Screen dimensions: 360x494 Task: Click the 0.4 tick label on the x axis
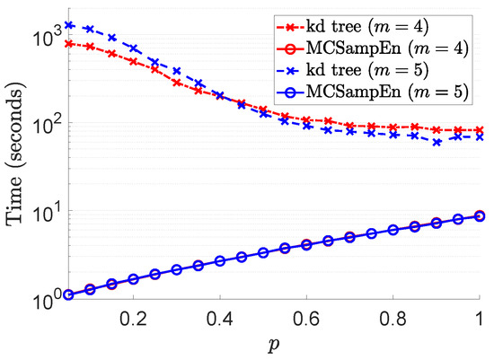[x=220, y=318]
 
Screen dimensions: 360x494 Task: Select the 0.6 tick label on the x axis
[x=307, y=318]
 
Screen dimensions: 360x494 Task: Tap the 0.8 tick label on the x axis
[x=394, y=318]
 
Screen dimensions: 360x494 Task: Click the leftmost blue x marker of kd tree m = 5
[x=68, y=25]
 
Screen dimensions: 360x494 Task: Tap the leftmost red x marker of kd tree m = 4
[x=68, y=43]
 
